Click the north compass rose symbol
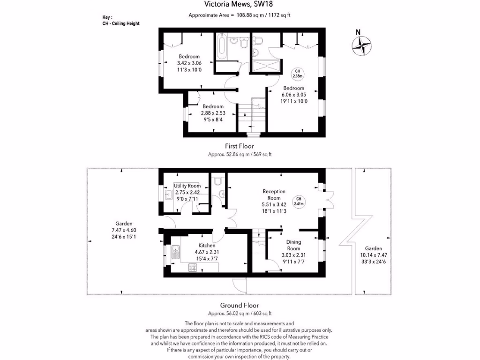click(x=361, y=45)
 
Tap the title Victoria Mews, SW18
click(x=240, y=5)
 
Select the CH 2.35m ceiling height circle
click(x=298, y=73)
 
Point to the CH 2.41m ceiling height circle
click(x=299, y=201)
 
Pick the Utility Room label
click(x=187, y=186)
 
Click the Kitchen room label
click(x=207, y=245)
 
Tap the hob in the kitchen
click(x=193, y=267)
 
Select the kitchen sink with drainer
click(x=176, y=253)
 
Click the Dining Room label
click(x=293, y=245)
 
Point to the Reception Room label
click(x=274, y=195)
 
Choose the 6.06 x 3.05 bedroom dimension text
click(x=293, y=94)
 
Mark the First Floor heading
click(x=240, y=146)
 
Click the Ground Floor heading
click(x=240, y=305)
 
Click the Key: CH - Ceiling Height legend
click(x=120, y=20)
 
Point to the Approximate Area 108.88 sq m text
click(x=240, y=15)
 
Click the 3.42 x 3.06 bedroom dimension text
click(x=189, y=63)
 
